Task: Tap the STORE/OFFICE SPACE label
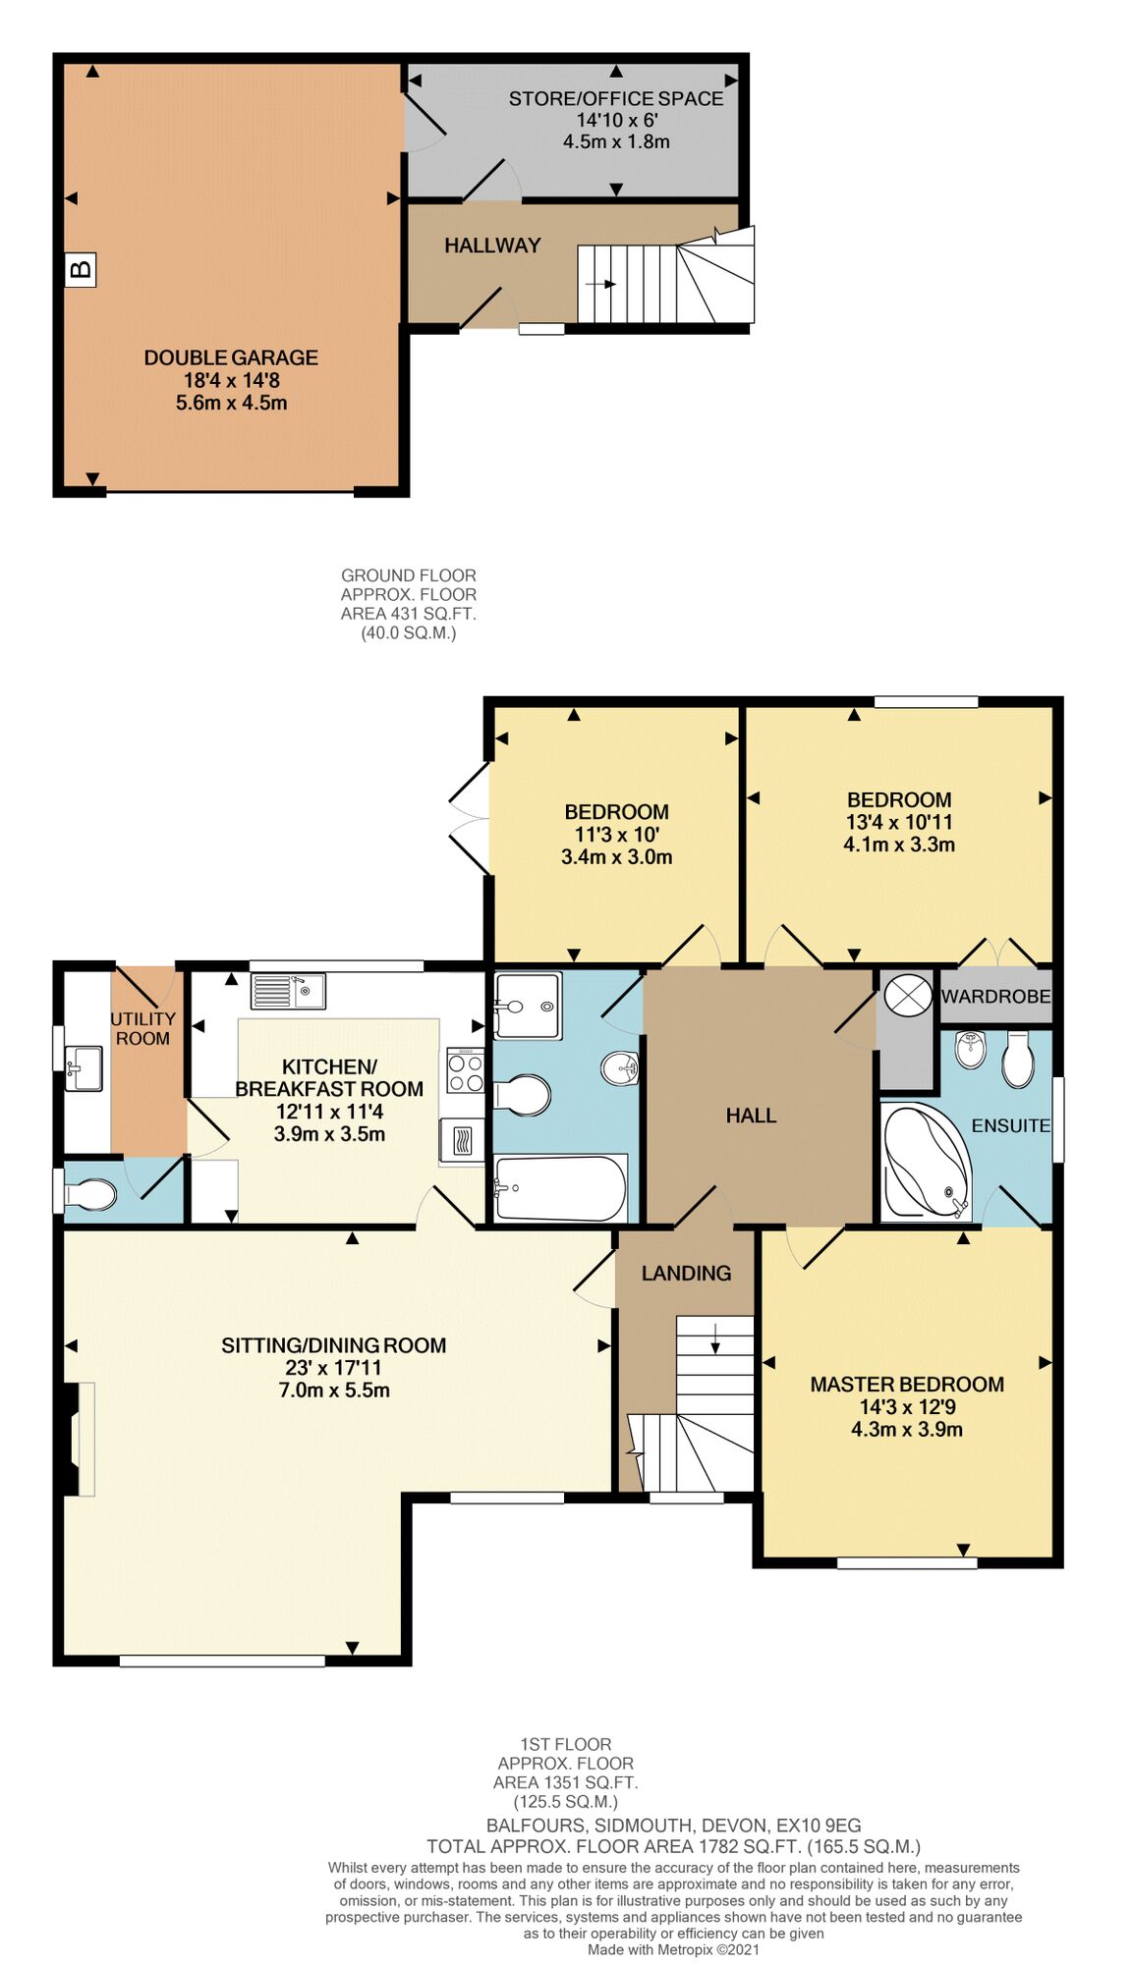pyautogui.click(x=615, y=98)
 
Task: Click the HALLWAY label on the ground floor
pyautogui.click(x=491, y=245)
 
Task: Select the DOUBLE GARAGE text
pyautogui.click(x=231, y=357)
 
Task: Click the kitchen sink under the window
pyautogui.click(x=287, y=991)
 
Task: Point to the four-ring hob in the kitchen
pyautogui.click(x=465, y=1070)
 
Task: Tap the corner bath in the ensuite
pyautogui.click(x=926, y=1161)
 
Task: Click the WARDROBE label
pyautogui.click(x=994, y=996)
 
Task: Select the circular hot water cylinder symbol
pyautogui.click(x=906, y=996)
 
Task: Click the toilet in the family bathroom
pyautogui.click(x=523, y=1095)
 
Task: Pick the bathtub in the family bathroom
pyautogui.click(x=560, y=1187)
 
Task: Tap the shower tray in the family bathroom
pyautogui.click(x=528, y=1005)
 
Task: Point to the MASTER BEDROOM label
pyautogui.click(x=906, y=1384)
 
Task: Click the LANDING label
pyautogui.click(x=686, y=1273)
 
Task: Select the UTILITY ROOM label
pyautogui.click(x=142, y=1028)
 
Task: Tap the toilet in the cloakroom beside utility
pyautogui.click(x=90, y=1194)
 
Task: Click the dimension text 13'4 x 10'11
pyautogui.click(x=898, y=822)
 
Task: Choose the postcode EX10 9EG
pyautogui.click(x=818, y=1826)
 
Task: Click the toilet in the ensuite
pyautogui.click(x=1017, y=1061)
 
